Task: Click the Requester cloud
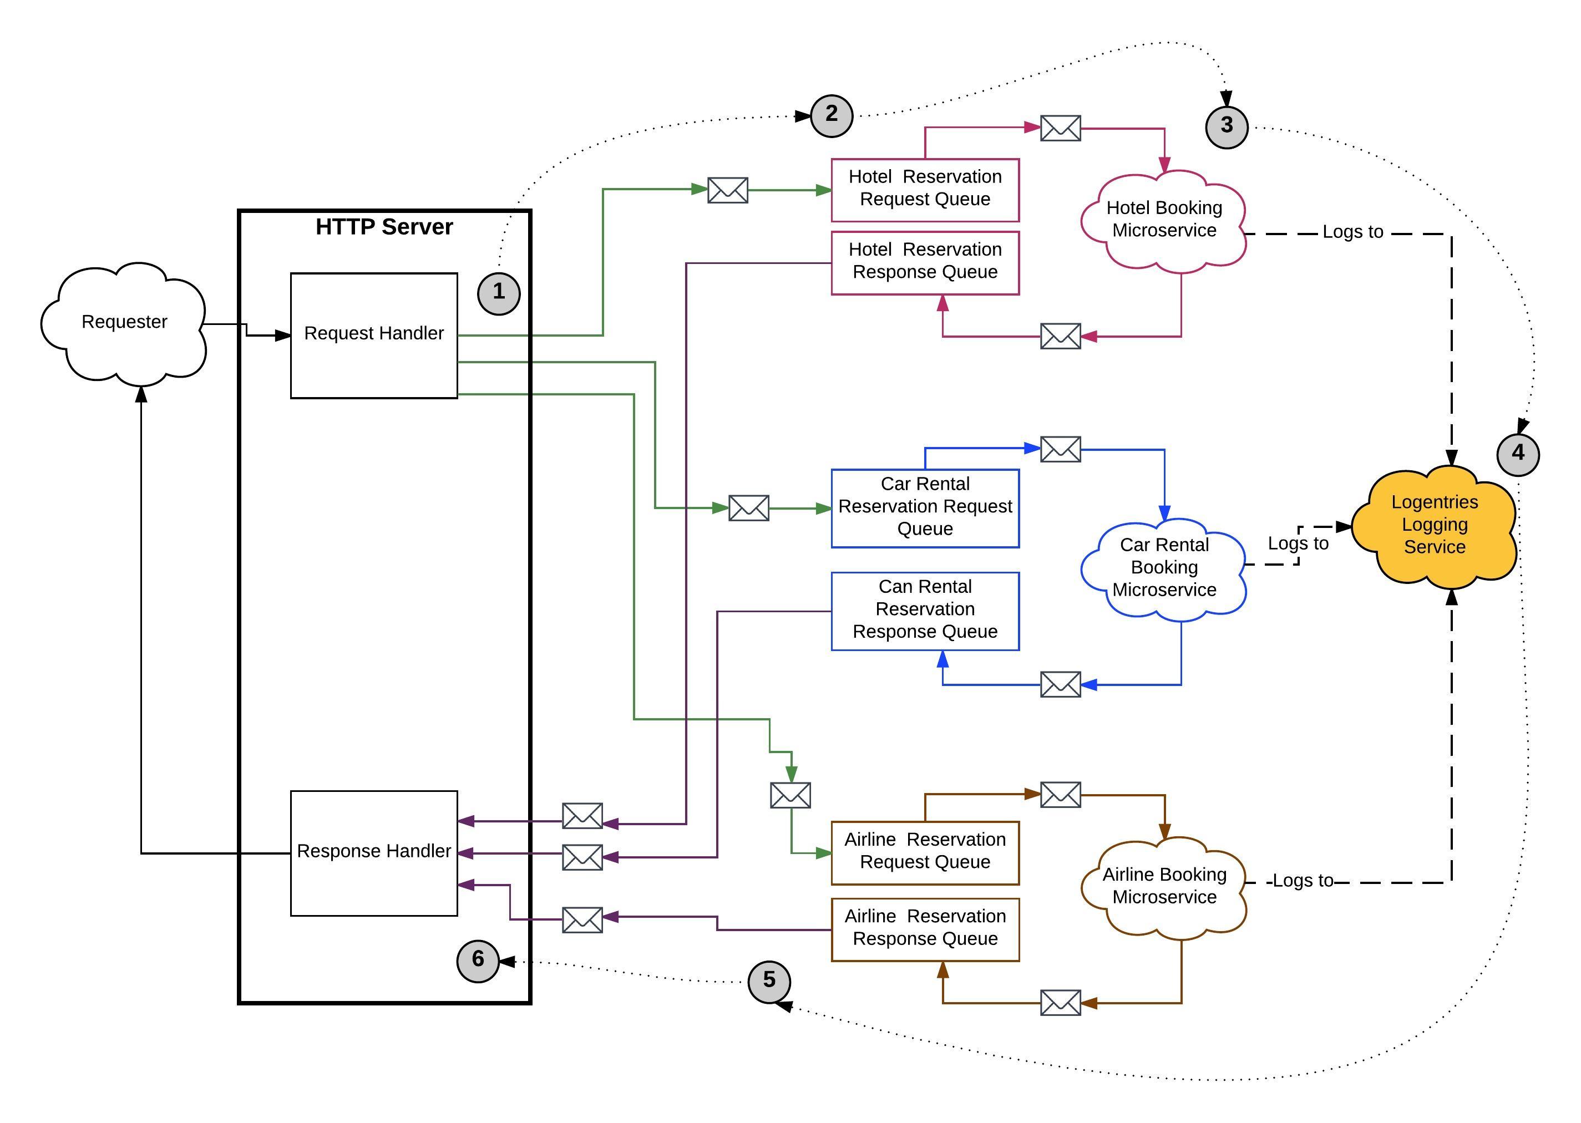124,322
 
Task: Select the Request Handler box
373,336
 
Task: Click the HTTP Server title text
384,227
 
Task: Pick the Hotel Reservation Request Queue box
925,190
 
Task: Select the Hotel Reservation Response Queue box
925,262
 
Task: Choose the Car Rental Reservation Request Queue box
925,508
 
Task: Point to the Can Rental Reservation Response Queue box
925,611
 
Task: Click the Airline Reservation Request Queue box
925,852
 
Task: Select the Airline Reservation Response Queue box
925,929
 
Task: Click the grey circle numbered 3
1226,126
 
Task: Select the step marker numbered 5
769,980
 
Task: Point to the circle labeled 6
478,960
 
